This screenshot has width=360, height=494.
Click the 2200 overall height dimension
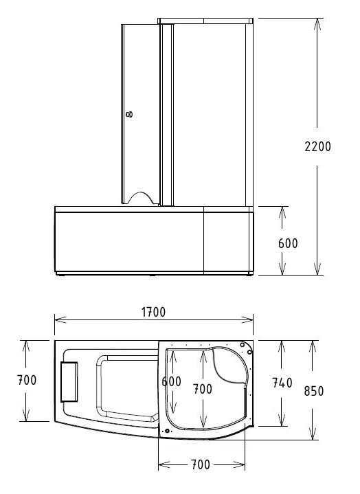[x=317, y=146]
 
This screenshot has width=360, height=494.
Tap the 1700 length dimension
[x=153, y=312]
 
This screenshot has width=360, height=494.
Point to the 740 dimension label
[x=282, y=383]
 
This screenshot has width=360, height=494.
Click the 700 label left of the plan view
[x=27, y=379]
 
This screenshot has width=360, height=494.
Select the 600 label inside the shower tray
[x=171, y=381]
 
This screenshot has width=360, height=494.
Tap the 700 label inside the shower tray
[x=202, y=389]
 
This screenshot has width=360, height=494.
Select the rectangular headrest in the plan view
[x=70, y=381]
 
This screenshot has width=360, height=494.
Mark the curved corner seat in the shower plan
[x=229, y=364]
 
